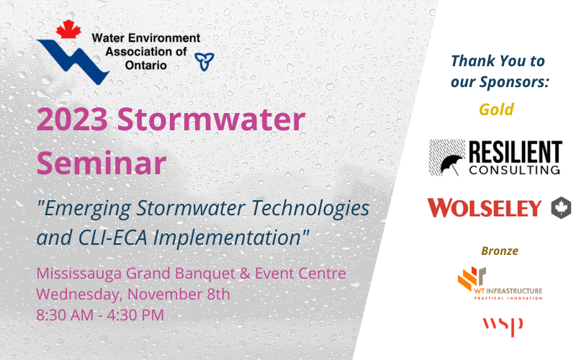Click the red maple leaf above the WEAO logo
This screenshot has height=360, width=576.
(x=68, y=29)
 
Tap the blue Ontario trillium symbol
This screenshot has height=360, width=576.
(x=204, y=61)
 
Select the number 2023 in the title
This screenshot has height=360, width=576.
(x=72, y=120)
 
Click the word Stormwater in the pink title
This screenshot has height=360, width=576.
(x=211, y=120)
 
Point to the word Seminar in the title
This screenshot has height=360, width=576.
(x=102, y=163)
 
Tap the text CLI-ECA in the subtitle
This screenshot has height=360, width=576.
(x=112, y=238)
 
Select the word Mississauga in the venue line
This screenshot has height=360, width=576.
(x=79, y=274)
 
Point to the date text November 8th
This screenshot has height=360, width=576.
(x=179, y=294)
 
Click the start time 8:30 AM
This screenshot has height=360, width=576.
(x=65, y=315)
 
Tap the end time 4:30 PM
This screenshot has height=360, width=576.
(x=135, y=315)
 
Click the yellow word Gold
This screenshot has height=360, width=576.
(x=496, y=109)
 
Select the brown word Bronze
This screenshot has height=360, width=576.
(x=500, y=251)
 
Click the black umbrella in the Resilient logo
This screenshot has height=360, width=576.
(x=451, y=164)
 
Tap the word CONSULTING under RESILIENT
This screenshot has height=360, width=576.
(x=514, y=170)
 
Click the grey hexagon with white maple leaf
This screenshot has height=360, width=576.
(x=561, y=208)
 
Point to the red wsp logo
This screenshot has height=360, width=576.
(x=503, y=326)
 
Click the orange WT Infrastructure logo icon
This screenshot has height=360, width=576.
(x=472, y=277)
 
